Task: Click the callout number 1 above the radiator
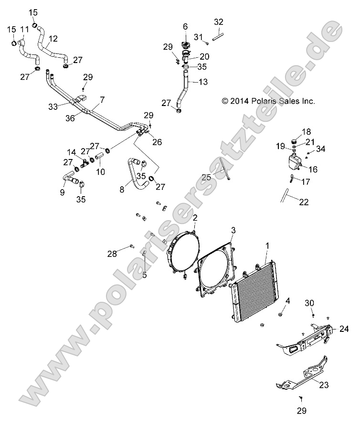coord(267,245)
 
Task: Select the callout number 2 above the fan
coord(195,218)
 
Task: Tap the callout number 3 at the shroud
coord(233,230)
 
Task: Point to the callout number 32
coord(219,21)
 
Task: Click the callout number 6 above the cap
coord(185,26)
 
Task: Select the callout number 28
coord(112,254)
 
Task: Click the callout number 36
coord(70,119)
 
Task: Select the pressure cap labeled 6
coord(186,46)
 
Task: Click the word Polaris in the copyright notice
coord(262,101)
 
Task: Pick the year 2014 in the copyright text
coord(239,101)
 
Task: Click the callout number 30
coord(309,302)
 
